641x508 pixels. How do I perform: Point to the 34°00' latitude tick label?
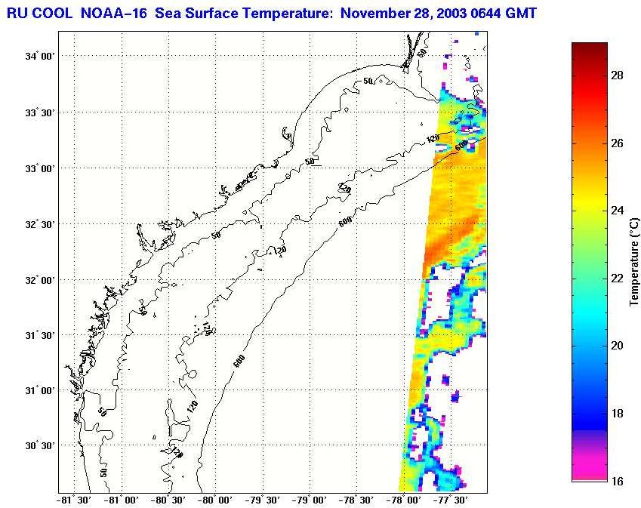(x=37, y=57)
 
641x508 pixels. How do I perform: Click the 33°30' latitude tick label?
(x=37, y=112)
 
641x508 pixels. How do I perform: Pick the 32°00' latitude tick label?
(x=37, y=279)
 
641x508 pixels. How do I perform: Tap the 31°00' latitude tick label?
(x=37, y=390)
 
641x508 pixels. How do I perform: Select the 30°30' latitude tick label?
(x=37, y=446)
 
